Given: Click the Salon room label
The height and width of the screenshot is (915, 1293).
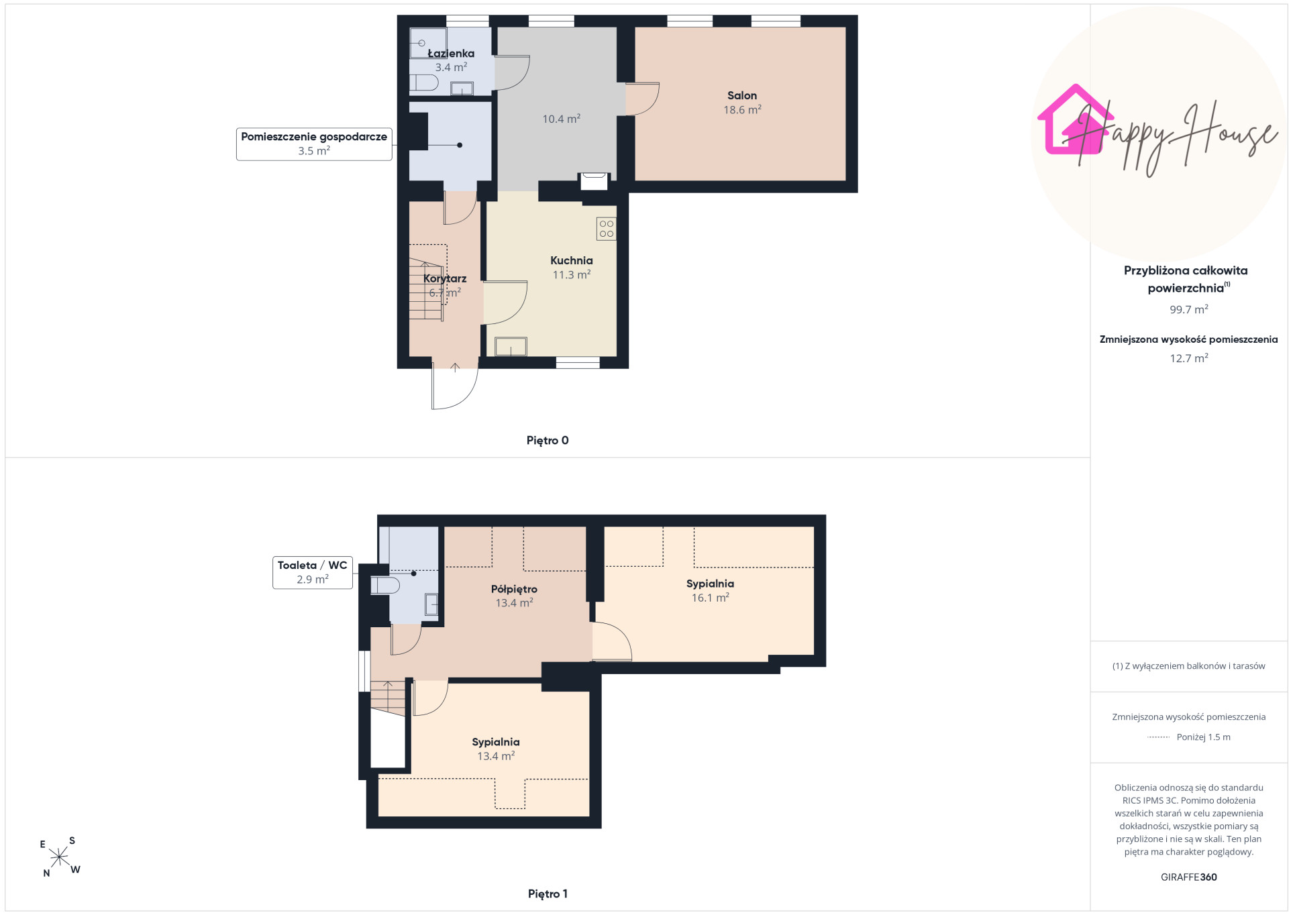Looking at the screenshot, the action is point(742,96).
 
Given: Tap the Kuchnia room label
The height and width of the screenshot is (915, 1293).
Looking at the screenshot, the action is point(572,261).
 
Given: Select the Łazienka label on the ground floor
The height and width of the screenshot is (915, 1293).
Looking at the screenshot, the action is point(451,54).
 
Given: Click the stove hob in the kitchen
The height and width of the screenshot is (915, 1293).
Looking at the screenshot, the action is point(606,229).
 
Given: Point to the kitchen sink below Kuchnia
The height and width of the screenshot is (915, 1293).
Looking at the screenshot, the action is point(511,346).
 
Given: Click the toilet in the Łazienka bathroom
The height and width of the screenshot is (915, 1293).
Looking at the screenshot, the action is point(423,83).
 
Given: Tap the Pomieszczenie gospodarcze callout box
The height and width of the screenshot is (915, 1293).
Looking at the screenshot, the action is point(314,144).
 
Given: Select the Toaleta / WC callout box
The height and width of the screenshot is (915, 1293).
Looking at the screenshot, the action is point(313,572).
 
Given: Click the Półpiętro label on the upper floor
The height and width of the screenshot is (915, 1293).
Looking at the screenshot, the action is point(514,590).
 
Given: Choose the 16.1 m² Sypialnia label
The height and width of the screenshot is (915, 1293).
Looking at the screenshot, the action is point(711,590).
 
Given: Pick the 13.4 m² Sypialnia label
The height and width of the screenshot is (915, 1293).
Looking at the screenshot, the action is point(496,749).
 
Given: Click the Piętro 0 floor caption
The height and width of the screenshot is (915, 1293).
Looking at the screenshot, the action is point(548,441).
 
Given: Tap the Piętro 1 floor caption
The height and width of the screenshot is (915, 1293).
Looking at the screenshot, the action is point(548,894).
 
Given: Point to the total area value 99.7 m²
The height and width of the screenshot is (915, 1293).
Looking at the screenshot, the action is point(1189,310).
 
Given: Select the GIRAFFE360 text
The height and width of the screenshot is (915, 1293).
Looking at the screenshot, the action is point(1189,877).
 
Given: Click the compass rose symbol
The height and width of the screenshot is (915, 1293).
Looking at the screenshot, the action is point(59,857).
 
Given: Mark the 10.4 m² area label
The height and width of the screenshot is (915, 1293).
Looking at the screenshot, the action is point(562,119).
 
